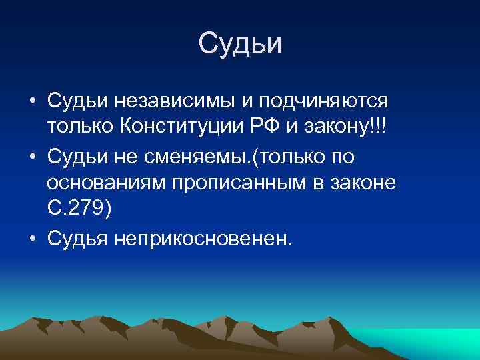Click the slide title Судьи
click(240, 44)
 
